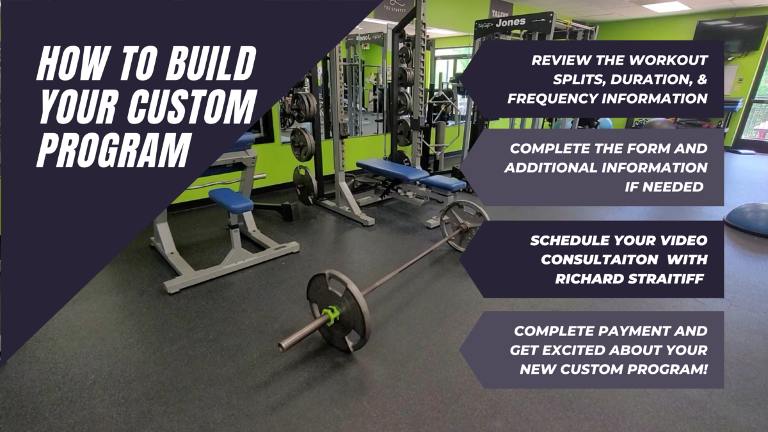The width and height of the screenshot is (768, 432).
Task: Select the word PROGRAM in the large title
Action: pos(113,150)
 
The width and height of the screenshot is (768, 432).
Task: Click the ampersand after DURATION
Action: pos(702,79)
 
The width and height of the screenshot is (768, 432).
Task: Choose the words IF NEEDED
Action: pos(664,187)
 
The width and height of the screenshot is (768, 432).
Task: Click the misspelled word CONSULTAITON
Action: pos(600,260)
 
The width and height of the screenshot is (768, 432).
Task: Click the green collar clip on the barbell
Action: pos(331,315)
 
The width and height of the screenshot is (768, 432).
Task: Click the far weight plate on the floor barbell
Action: pos(464,225)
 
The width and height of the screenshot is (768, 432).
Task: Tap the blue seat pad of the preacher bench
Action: pos(231,200)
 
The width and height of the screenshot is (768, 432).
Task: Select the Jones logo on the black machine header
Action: pos(510,23)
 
